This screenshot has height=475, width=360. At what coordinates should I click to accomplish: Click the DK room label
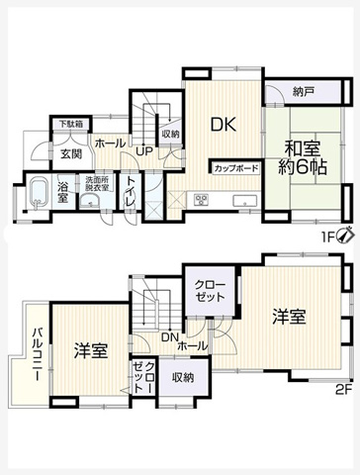(x=224, y=125)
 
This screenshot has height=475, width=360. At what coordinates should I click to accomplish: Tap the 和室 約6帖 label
(x=303, y=159)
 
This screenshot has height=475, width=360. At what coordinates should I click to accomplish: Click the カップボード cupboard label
(x=235, y=168)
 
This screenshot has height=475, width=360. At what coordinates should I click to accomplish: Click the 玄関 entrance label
(x=71, y=153)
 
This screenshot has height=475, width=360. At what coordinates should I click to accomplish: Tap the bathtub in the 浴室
(x=39, y=193)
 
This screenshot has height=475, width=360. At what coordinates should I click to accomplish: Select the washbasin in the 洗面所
(x=90, y=200)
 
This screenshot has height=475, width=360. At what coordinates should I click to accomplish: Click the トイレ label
(x=131, y=192)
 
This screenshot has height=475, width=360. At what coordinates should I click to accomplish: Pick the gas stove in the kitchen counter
(x=201, y=200)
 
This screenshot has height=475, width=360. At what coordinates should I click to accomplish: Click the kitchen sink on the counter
(x=245, y=200)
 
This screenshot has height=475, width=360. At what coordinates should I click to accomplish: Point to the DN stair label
(x=170, y=337)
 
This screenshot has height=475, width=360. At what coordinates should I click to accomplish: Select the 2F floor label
(x=344, y=390)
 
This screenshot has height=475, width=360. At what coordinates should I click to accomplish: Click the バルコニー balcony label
(x=37, y=354)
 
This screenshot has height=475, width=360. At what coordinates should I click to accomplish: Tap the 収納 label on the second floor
(x=183, y=377)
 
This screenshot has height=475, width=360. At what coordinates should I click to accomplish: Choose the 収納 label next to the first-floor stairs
(x=171, y=134)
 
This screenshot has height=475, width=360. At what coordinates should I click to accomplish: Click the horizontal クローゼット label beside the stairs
(x=210, y=291)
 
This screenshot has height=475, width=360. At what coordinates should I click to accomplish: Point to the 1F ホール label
(x=110, y=143)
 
